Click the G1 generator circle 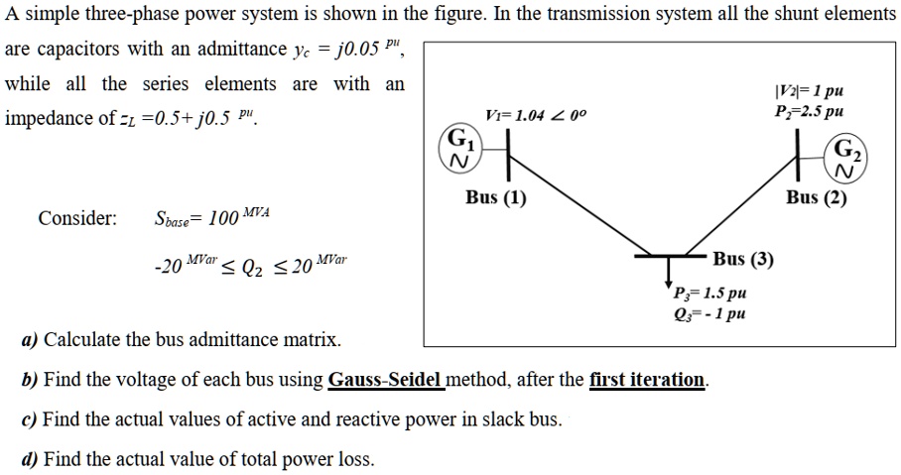pyautogui.click(x=459, y=147)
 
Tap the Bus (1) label pyautogui.click(x=496, y=197)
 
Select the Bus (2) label pyautogui.click(x=817, y=197)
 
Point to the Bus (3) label pyautogui.click(x=743, y=260)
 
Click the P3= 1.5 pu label pyautogui.click(x=709, y=294)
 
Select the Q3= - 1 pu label pyautogui.click(x=709, y=314)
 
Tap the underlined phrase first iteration pyautogui.click(x=647, y=380)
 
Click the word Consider pyautogui.click(x=77, y=218)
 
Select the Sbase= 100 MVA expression pyautogui.click(x=212, y=217)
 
